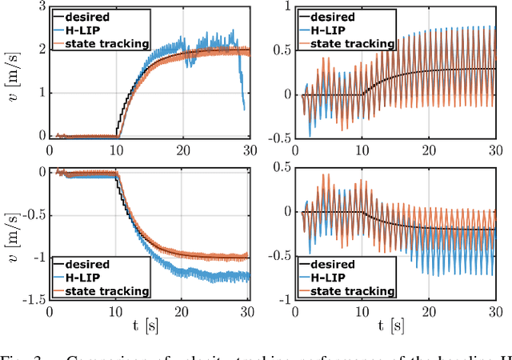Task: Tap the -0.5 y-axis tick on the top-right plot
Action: [281, 137]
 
